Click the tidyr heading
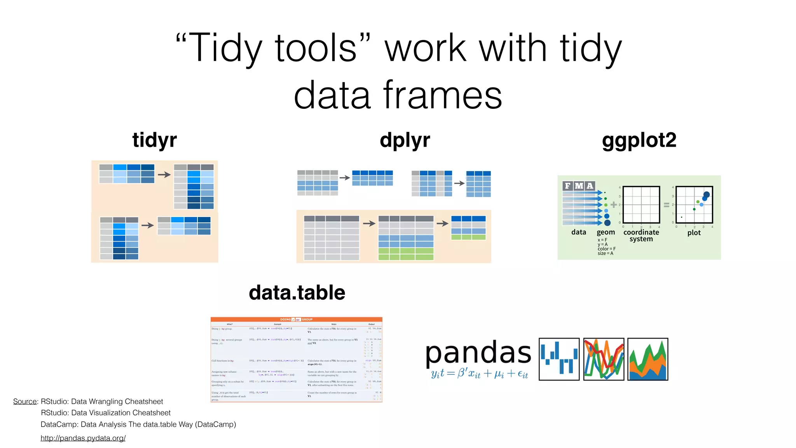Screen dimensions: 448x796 pos(154,140)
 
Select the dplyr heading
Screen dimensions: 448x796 pos(405,140)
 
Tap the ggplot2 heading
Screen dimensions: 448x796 pos(639,140)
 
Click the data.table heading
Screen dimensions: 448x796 pos(297,292)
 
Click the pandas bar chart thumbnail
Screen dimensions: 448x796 pos(559,359)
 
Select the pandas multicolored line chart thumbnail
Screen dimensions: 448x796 pos(604,359)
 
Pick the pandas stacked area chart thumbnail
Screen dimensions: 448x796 pos(648,359)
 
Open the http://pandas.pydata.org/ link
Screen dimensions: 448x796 pos(83,438)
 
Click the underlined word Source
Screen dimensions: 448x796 pos(25,401)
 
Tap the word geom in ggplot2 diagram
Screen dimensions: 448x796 pos(606,232)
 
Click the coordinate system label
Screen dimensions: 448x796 pos(641,235)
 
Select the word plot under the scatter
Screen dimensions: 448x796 pos(694,233)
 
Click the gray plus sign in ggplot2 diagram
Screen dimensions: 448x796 pos(614,205)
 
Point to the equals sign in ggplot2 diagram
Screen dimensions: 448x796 pos(667,205)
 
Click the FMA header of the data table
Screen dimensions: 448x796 pos(579,186)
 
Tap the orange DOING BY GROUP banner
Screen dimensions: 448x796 pos(296,319)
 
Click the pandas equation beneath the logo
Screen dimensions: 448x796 pos(479,374)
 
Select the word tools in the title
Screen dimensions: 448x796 pos(316,48)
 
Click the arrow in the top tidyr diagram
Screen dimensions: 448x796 pos(164,175)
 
